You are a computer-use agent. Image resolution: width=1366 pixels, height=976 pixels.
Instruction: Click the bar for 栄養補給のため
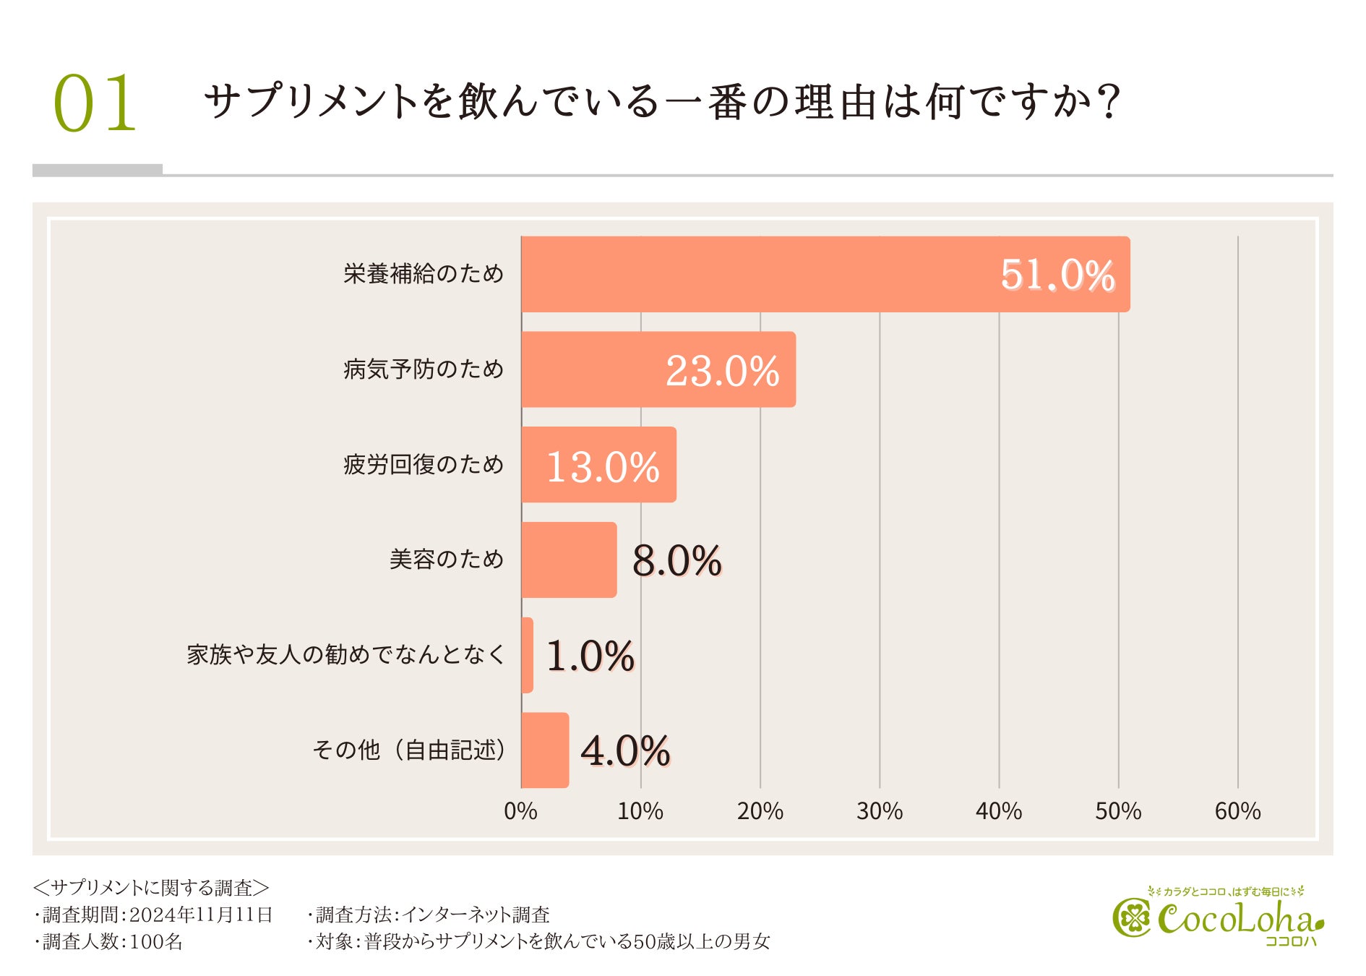825,274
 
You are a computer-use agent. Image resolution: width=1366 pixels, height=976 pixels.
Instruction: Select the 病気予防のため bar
658,369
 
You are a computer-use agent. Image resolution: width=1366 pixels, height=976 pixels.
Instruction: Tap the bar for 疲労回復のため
598,465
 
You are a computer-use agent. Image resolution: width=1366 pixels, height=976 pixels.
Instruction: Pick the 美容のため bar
569,560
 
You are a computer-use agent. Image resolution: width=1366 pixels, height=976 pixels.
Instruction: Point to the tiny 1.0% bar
528,655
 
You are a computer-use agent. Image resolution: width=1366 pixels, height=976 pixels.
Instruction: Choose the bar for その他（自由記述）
545,750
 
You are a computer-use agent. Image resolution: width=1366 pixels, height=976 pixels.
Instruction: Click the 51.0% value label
1057,275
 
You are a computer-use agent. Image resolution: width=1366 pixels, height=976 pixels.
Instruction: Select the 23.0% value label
722,371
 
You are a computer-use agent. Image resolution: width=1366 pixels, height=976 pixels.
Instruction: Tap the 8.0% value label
676,560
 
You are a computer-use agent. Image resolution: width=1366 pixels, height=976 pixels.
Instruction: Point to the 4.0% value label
625,750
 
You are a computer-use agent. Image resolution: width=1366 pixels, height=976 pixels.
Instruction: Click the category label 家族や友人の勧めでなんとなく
345,654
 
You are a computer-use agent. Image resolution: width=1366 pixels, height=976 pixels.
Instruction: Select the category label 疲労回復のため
423,464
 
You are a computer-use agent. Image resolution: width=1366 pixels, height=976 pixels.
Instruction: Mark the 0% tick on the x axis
520,811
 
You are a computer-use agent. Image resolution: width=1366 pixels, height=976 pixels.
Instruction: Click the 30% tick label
879,811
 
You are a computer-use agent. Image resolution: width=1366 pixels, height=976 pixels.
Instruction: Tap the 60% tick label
1237,811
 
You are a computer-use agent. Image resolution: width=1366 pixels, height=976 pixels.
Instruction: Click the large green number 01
95,103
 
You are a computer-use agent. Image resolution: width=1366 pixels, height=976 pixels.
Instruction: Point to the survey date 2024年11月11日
201,915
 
